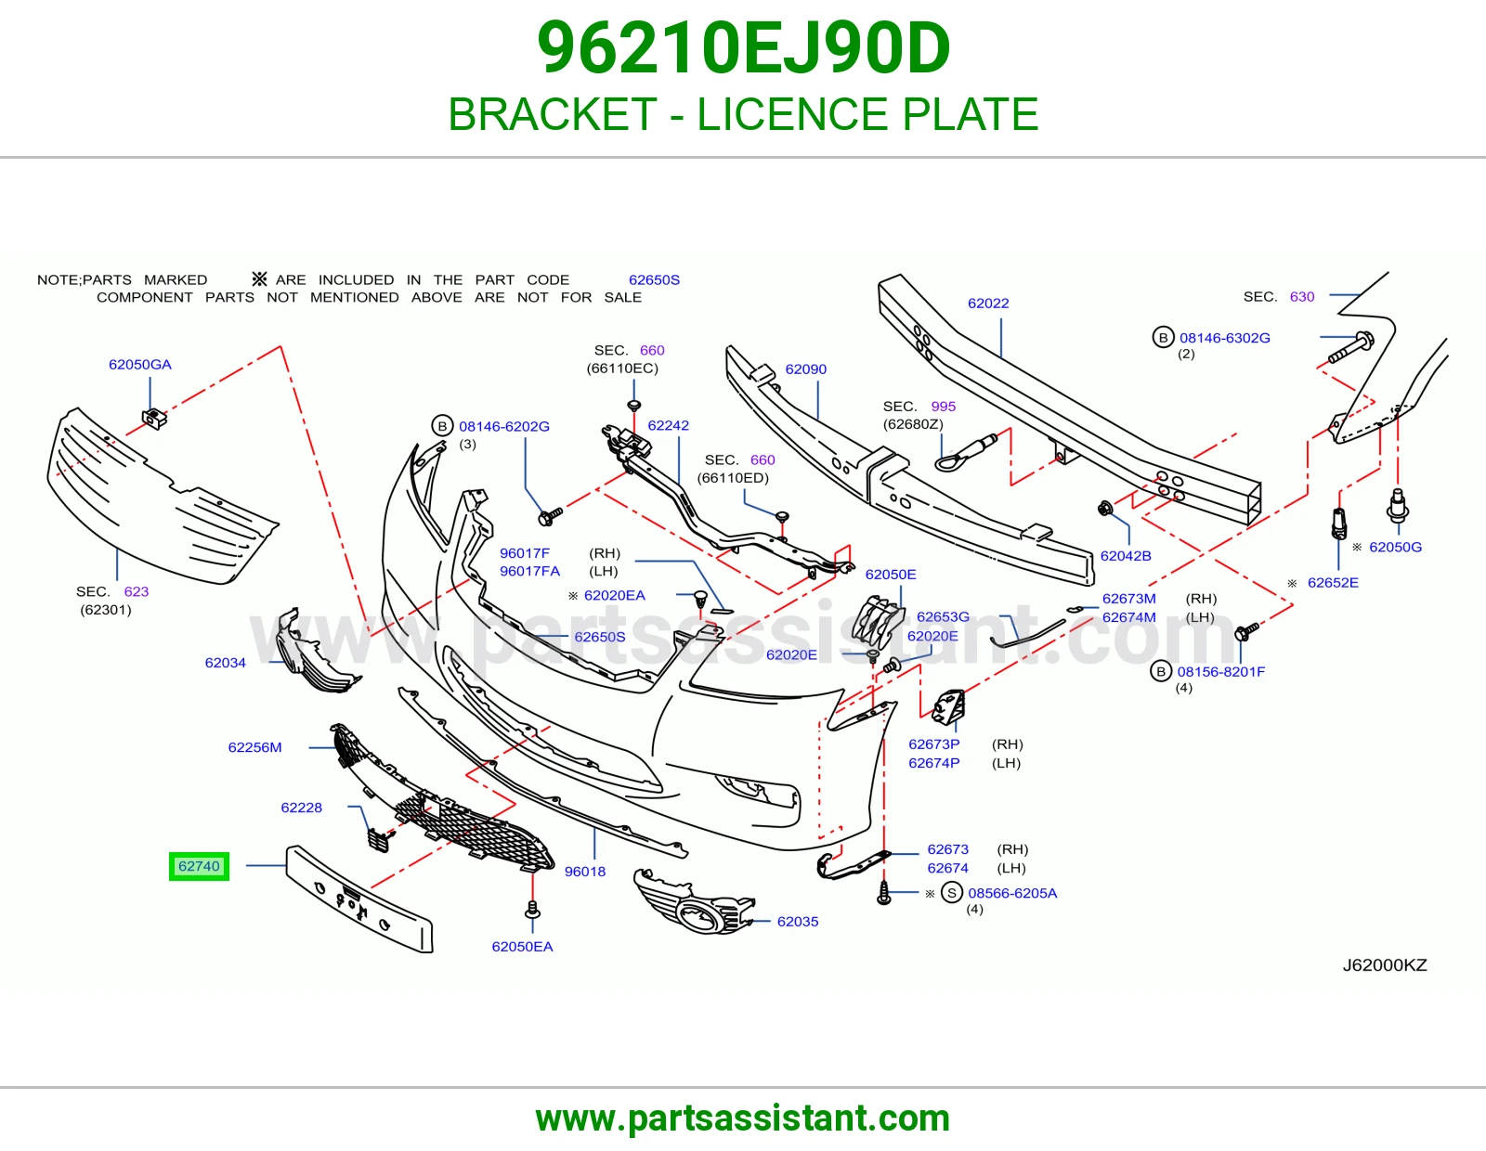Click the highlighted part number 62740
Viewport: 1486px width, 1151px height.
[x=199, y=866]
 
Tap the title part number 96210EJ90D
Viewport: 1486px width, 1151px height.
[x=743, y=48]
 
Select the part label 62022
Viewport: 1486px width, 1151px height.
[x=988, y=303]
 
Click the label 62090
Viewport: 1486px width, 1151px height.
[x=805, y=369]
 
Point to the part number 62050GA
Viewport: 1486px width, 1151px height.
[x=140, y=364]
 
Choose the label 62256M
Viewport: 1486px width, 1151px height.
[x=255, y=747]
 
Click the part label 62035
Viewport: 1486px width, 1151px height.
[x=798, y=922]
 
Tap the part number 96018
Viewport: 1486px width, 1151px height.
[x=585, y=872]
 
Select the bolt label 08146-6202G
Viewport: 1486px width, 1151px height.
[x=504, y=426]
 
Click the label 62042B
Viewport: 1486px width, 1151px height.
[x=1126, y=556]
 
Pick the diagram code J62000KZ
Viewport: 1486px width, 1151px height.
[x=1385, y=965]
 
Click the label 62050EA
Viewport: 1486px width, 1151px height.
[x=523, y=947]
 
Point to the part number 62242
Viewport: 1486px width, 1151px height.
[x=668, y=425]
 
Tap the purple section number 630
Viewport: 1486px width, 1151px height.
[x=1302, y=297]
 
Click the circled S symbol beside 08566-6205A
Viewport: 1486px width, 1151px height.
[x=951, y=893]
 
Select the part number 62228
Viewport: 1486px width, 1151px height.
[x=301, y=808]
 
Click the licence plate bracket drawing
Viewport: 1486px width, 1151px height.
[x=359, y=899]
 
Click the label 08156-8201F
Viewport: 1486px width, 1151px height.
[x=1220, y=672]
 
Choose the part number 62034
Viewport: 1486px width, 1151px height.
[x=225, y=663]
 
